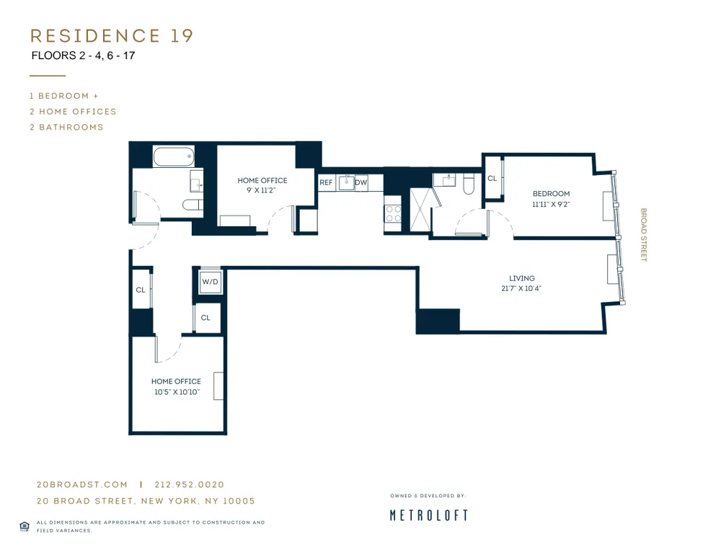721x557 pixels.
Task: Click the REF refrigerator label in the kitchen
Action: (326, 183)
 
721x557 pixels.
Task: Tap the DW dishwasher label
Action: (360, 183)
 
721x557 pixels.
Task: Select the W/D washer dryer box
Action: (210, 282)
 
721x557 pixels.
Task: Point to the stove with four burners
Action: (393, 213)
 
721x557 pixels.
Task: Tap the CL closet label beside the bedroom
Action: (492, 179)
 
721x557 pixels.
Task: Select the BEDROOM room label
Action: (551, 193)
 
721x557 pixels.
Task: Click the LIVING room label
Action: (522, 278)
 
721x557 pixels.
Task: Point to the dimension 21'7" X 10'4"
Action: (522, 288)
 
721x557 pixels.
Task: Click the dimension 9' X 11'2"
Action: (262, 191)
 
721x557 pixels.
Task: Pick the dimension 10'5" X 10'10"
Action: (176, 392)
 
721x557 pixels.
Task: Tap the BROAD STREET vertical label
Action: (644, 235)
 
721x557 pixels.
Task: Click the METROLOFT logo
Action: (428, 515)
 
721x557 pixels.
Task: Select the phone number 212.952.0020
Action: (189, 485)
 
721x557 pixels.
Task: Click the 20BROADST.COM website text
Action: (82, 485)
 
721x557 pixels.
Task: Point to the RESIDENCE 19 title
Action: (112, 36)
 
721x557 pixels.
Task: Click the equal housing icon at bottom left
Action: (24, 527)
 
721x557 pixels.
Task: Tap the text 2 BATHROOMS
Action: (66, 128)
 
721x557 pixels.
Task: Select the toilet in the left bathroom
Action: (193, 205)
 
